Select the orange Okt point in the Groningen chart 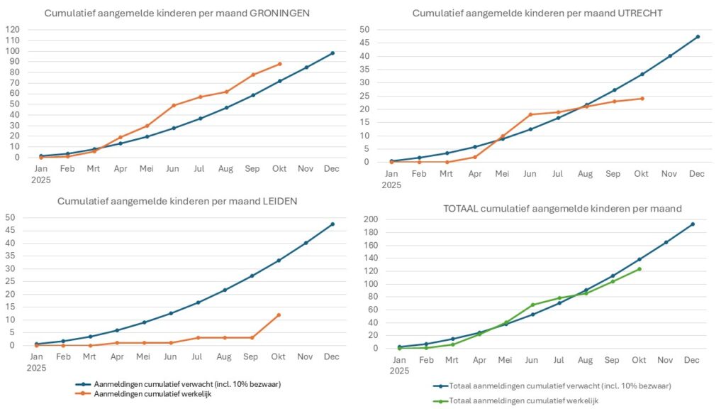[x=280, y=64]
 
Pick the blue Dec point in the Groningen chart [x=333, y=53]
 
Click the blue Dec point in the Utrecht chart [x=698, y=37]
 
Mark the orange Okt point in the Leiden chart [x=279, y=315]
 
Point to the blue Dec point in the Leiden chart [x=333, y=224]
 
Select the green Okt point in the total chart [x=639, y=269]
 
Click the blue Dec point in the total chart [x=693, y=224]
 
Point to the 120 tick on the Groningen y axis [x=13, y=30]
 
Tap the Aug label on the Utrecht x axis [x=585, y=173]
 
